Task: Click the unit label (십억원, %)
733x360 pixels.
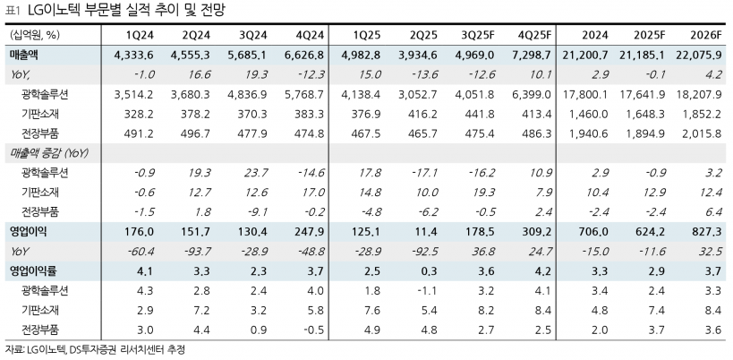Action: (x=35, y=36)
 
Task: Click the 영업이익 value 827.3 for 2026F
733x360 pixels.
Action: (x=703, y=232)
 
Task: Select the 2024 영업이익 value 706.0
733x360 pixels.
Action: (x=596, y=232)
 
